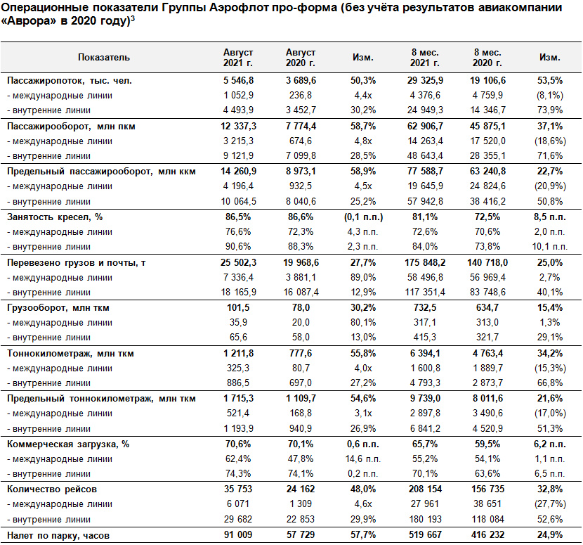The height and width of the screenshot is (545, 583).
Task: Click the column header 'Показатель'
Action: pyautogui.click(x=104, y=58)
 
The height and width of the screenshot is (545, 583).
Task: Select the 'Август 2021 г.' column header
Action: pyautogui.click(x=238, y=58)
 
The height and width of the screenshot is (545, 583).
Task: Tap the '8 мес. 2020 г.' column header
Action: pyautogui.click(x=487, y=58)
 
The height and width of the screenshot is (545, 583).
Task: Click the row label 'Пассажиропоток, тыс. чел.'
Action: pyautogui.click(x=70, y=81)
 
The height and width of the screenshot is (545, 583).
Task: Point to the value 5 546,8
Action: pyautogui.click(x=238, y=80)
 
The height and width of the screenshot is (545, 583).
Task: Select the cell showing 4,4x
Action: pyautogui.click(x=363, y=96)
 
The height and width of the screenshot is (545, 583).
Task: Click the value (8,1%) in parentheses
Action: pyautogui.click(x=550, y=96)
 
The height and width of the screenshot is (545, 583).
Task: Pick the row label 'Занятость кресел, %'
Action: pyautogui.click(x=55, y=217)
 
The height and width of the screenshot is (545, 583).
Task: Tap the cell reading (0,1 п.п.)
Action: pyautogui.click(x=363, y=217)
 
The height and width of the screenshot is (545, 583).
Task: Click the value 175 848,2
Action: pyautogui.click(x=425, y=263)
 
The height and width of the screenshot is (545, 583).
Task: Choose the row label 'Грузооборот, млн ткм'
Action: pyautogui.click(x=58, y=308)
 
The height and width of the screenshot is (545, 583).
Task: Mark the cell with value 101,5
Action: pyautogui.click(x=238, y=308)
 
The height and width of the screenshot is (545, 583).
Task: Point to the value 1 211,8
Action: pyautogui.click(x=238, y=353)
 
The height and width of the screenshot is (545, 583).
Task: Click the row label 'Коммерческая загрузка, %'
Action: pyautogui.click(x=68, y=444)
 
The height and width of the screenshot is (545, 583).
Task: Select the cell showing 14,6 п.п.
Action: pyautogui.click(x=363, y=459)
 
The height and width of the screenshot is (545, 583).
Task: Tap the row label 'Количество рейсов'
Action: pyautogui.click(x=52, y=489)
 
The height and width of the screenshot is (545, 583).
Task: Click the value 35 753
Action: pyautogui.click(x=238, y=489)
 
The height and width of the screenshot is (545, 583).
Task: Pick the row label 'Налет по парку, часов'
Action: pyautogui.click(x=58, y=536)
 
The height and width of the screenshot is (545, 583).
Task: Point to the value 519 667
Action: pyautogui.click(x=425, y=535)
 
